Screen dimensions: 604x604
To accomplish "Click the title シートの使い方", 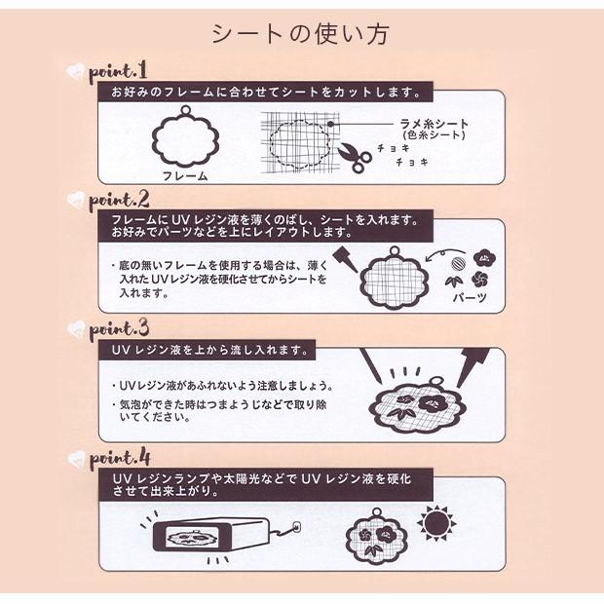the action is [301, 34].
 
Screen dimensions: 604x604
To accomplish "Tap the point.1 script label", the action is [117, 72].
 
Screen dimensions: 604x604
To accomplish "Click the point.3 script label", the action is [118, 327].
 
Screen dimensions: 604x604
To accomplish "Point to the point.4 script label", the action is [118, 457].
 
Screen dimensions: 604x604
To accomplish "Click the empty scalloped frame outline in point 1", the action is [185, 137].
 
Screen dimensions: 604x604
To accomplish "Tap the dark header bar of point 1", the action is [263, 93].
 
